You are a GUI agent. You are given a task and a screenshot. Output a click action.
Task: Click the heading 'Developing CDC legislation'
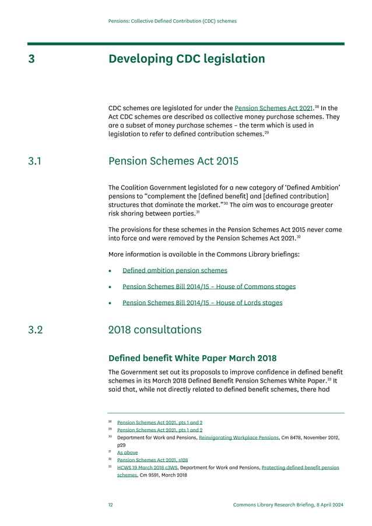click(x=187, y=59)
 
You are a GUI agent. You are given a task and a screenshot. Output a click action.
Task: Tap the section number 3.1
click(x=35, y=161)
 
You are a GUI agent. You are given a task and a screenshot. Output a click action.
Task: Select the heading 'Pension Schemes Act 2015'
click(x=173, y=161)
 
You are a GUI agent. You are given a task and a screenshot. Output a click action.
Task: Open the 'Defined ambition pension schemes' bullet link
click(x=174, y=271)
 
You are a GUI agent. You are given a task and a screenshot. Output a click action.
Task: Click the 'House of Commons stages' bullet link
click(x=209, y=287)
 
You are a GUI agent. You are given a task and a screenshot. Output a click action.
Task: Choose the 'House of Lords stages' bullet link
click(x=202, y=303)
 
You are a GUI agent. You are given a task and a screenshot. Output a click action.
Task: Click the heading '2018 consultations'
click(x=155, y=330)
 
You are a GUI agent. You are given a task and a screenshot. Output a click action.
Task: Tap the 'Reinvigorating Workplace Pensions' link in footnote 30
click(x=239, y=437)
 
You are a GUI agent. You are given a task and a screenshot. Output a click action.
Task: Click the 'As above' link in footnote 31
click(x=127, y=452)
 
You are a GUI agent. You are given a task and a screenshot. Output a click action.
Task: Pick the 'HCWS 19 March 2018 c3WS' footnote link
click(x=148, y=468)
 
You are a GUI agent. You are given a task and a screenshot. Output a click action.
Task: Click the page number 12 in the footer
click(x=111, y=504)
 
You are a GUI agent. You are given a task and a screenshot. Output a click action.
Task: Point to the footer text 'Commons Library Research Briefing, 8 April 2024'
click(x=288, y=504)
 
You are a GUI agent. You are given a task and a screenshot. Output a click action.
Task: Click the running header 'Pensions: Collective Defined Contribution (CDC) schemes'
click(x=173, y=21)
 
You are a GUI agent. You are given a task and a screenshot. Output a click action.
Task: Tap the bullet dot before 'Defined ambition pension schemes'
click(x=110, y=271)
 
